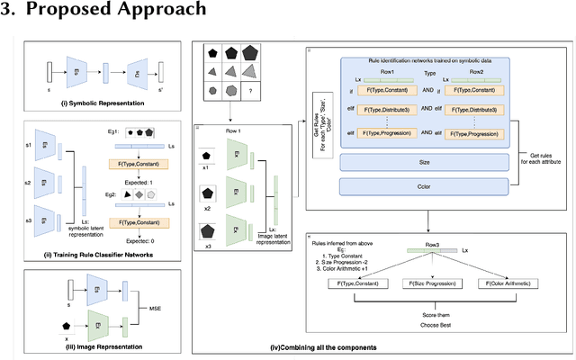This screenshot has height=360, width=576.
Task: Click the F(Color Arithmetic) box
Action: [515, 284]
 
